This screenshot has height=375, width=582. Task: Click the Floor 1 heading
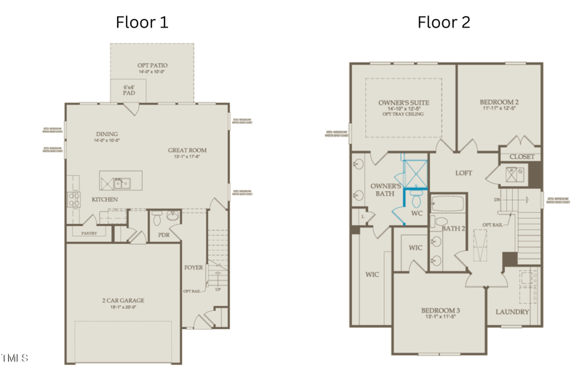click(142, 22)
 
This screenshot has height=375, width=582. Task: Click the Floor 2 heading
click(443, 22)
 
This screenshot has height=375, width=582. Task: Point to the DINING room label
click(107, 134)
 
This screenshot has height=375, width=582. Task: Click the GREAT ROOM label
click(187, 150)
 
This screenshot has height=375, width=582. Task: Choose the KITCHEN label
click(104, 199)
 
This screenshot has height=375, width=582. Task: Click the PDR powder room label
click(164, 235)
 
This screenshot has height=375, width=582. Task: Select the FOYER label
click(193, 267)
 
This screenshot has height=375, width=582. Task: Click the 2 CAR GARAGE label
click(122, 299)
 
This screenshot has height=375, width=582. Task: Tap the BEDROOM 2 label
click(499, 102)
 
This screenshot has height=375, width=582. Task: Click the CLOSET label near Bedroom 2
click(522, 156)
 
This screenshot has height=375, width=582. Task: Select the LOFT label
click(463, 173)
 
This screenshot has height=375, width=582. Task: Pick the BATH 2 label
click(453, 229)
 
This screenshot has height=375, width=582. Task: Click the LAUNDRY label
click(512, 312)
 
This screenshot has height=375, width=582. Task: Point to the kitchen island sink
click(119, 182)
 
